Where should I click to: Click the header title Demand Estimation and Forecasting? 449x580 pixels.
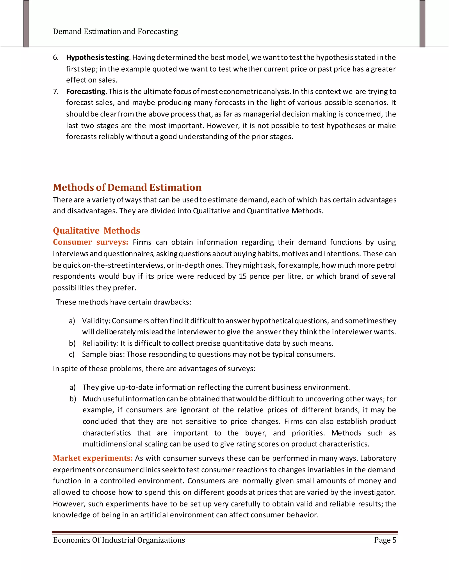116,32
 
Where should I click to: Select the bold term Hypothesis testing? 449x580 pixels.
97,58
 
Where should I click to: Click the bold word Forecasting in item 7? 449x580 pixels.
86,92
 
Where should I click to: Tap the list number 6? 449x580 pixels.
56,58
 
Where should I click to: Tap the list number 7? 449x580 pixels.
56,92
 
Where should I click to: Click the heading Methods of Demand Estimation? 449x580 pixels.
127,188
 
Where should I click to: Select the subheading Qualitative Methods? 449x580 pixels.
96,230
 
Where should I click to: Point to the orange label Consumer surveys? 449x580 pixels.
91,242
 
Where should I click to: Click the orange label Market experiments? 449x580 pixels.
93,458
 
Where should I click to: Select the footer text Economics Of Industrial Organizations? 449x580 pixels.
119,540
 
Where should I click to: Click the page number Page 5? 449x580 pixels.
385,540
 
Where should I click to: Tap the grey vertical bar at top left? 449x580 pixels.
26,24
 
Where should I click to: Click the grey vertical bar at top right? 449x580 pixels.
422,24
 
